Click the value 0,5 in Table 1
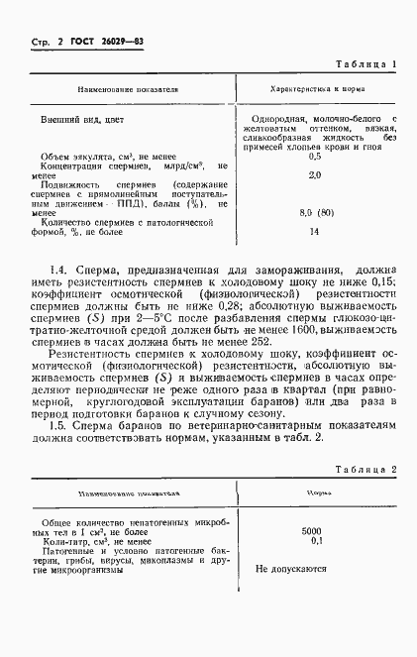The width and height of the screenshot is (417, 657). (315, 156)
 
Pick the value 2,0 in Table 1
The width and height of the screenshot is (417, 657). (315, 174)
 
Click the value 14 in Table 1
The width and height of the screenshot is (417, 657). (315, 232)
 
